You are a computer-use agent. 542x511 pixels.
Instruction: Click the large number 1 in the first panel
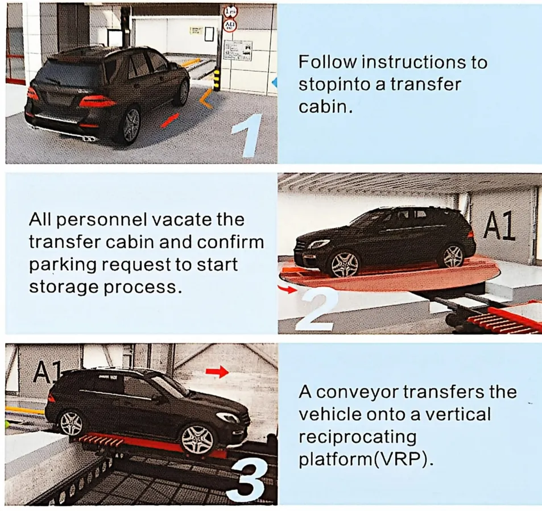coord(246,136)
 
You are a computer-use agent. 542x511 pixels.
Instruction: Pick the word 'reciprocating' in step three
coord(357,437)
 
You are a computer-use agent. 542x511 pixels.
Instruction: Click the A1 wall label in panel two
coord(499,226)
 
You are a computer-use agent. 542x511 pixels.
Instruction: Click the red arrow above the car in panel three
coord(217,372)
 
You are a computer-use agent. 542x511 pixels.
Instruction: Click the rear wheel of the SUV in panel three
coord(71,423)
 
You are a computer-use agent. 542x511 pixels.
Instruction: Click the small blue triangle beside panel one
coord(275,84)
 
